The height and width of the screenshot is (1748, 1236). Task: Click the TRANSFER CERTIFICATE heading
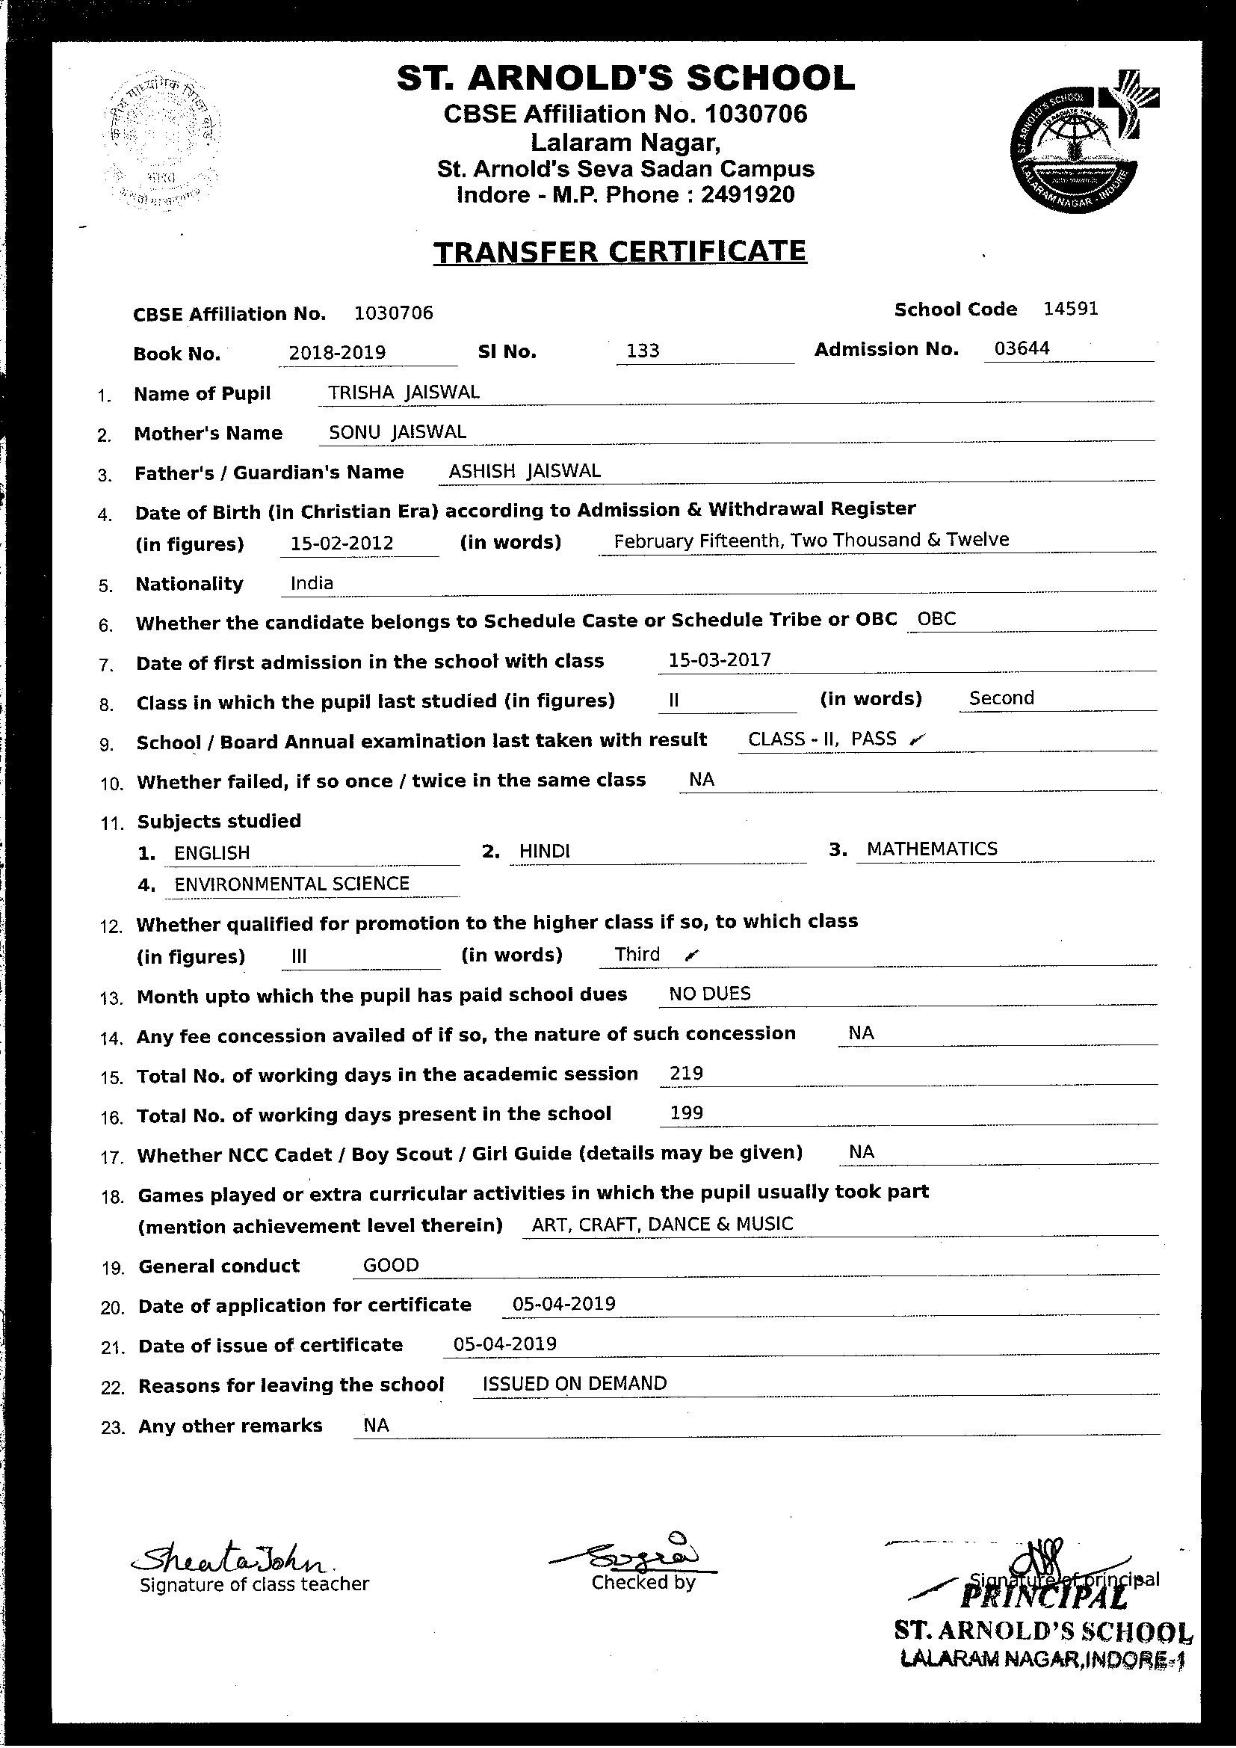pos(619,252)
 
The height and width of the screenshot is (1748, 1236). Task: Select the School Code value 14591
pos(1070,308)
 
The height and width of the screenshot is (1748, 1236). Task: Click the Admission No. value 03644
pos(1022,348)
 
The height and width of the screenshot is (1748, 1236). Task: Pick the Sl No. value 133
pos(643,351)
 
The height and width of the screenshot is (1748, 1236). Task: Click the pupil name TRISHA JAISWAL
pos(404,392)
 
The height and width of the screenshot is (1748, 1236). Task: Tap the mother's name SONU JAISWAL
pos(398,431)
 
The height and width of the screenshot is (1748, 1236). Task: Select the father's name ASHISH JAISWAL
pos(525,471)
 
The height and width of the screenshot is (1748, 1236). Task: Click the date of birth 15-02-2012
pos(342,544)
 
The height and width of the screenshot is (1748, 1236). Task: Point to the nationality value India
pos(312,583)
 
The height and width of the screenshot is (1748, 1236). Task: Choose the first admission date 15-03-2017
pos(719,659)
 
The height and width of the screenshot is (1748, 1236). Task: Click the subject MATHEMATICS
pos(932,849)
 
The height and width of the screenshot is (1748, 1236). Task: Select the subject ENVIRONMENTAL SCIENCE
pos(291,884)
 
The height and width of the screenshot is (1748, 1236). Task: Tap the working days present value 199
pos(686,1113)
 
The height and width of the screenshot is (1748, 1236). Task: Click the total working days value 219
pos(686,1074)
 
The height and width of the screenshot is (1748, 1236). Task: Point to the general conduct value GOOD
pos(390,1265)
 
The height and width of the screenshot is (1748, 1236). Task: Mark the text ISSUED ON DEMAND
pos(575,1383)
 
